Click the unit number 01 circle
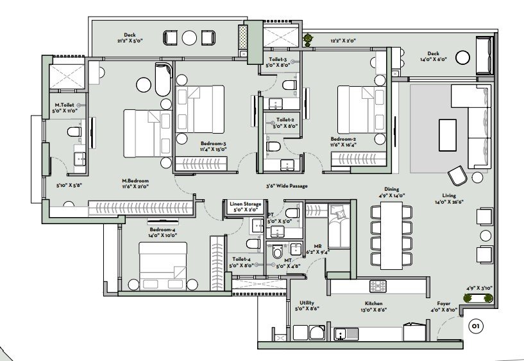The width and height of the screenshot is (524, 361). click(476, 326)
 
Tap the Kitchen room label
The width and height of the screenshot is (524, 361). click(373, 303)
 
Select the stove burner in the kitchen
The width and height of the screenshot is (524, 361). click(378, 286)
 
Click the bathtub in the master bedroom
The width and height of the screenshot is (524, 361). click(164, 80)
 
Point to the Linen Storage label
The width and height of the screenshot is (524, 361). click(245, 204)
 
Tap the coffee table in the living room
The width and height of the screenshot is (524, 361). click(448, 135)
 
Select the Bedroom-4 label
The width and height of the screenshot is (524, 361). click(162, 229)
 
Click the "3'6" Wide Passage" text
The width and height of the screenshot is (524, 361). click(287, 186)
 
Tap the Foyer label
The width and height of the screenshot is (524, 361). click(443, 303)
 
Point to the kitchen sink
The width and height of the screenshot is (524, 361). click(340, 334)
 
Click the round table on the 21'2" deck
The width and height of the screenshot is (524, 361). click(189, 37)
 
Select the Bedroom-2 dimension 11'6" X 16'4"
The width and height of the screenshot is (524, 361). click(344, 145)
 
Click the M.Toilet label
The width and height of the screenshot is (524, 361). click(65, 105)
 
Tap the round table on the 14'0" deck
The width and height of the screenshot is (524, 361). click(462, 58)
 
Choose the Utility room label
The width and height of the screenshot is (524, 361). click(307, 303)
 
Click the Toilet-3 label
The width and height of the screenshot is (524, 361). click(278, 60)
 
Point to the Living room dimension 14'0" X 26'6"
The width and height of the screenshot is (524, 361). click(449, 202)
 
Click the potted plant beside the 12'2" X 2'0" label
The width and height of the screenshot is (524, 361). click(308, 39)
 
